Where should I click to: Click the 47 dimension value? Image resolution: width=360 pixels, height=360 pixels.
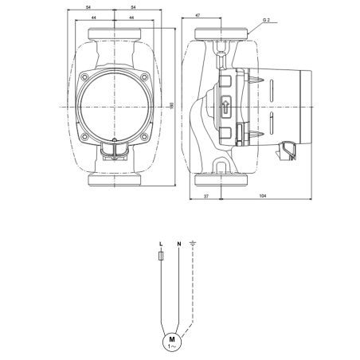[x=198, y=15]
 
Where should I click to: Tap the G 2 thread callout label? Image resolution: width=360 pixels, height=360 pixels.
[x=266, y=20]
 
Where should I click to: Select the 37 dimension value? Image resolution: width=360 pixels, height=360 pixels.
[x=205, y=196]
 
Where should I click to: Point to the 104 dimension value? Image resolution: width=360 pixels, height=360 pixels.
[x=263, y=196]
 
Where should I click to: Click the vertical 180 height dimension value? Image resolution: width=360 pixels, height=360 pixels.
[x=171, y=106]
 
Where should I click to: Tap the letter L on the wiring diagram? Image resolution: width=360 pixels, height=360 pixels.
[x=160, y=244]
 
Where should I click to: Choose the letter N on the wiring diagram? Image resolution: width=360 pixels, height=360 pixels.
[x=179, y=244]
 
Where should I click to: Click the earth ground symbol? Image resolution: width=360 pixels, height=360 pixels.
[x=193, y=243]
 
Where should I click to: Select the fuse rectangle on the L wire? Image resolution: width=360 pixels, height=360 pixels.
[x=160, y=256]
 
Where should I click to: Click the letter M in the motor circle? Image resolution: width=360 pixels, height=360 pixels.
[x=172, y=339]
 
